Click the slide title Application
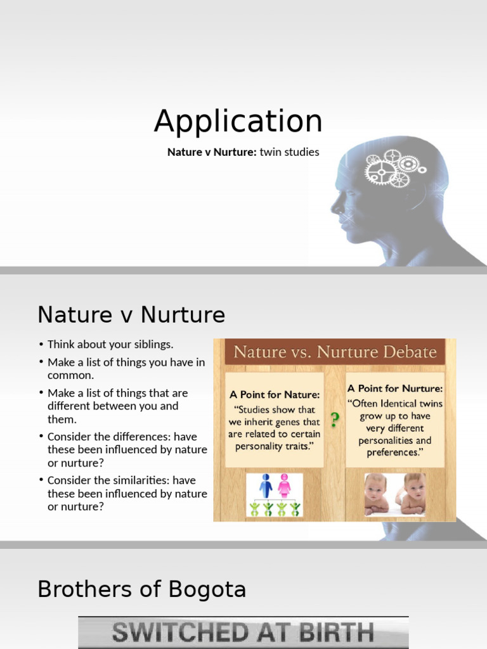tap(238, 121)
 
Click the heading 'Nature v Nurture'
tap(131, 314)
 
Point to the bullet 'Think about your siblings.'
tap(110, 345)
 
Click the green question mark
tap(335, 418)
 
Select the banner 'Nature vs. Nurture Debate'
tap(335, 352)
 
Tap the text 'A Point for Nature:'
tap(275, 394)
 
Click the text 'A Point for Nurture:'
tap(394, 388)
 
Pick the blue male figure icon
tap(266, 485)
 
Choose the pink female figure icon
tap(284, 485)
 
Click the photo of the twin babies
tap(394, 494)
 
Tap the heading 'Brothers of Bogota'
tap(141, 589)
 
